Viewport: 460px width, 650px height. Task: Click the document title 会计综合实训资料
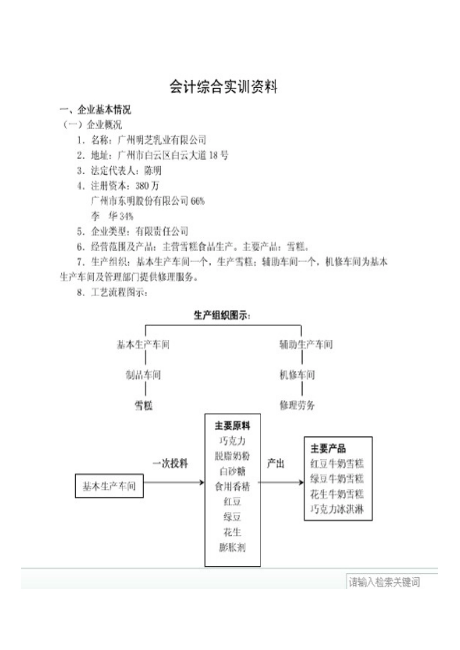click(224, 87)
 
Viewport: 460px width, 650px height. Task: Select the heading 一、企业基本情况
click(95, 110)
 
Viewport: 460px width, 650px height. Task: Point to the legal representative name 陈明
click(153, 171)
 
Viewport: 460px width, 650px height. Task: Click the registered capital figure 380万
click(147, 186)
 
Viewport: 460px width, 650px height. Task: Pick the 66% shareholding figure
click(198, 201)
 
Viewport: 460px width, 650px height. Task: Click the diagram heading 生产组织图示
click(222, 316)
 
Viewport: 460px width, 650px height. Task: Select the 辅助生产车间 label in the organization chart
click(306, 345)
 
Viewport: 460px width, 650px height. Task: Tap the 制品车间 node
click(143, 375)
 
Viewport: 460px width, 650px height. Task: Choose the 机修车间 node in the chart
click(297, 375)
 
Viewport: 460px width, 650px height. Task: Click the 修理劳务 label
click(297, 405)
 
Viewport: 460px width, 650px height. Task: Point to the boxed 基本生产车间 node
click(109, 486)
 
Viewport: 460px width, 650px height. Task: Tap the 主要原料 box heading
click(232, 426)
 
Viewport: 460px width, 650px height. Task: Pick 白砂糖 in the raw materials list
click(232, 471)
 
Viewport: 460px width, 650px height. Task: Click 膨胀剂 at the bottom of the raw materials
click(232, 547)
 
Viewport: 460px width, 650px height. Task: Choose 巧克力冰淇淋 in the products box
click(337, 509)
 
